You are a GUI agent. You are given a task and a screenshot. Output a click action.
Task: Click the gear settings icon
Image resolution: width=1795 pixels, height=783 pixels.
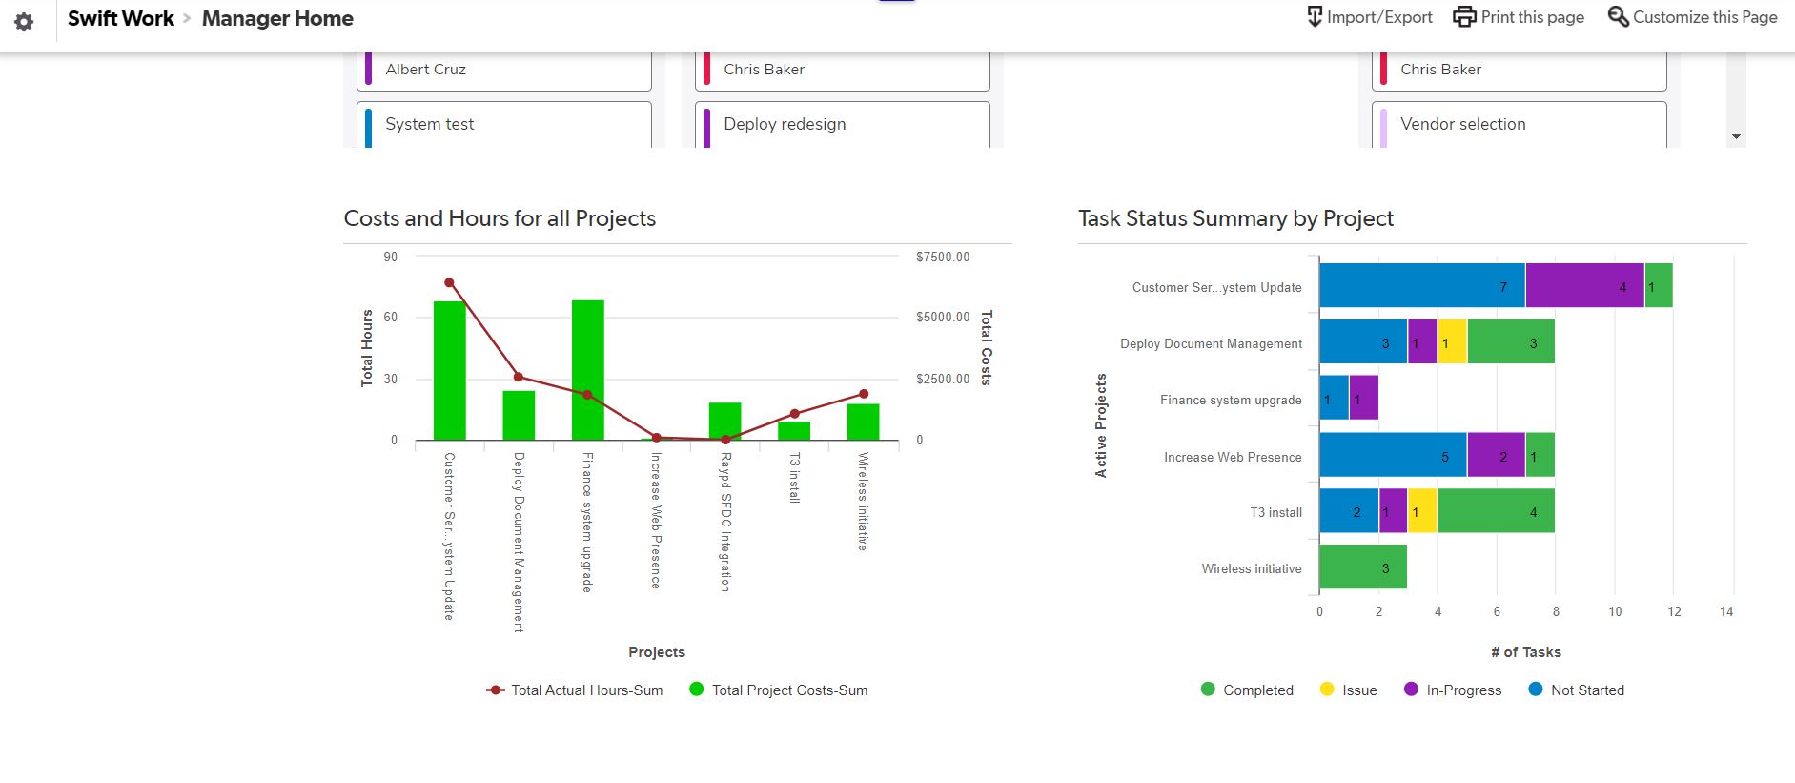24,21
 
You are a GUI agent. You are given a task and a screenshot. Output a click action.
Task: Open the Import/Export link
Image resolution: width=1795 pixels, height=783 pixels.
1369,17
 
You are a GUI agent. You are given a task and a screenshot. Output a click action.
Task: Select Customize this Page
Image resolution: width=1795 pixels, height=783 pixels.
1692,17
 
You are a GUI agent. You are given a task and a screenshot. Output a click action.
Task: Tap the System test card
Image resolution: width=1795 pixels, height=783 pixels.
504,125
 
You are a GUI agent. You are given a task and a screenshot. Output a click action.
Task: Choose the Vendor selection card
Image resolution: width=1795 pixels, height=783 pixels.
1520,125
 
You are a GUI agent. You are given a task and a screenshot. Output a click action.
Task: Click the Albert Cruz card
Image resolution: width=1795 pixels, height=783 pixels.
504,70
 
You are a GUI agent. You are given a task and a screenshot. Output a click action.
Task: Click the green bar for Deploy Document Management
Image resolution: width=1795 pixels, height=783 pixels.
519,416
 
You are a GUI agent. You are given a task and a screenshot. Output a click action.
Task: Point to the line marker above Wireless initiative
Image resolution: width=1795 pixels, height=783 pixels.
864,394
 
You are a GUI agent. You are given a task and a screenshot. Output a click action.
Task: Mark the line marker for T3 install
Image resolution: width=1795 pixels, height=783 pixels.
794,414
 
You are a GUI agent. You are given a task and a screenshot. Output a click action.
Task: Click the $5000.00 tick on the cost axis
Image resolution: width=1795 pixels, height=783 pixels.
942,317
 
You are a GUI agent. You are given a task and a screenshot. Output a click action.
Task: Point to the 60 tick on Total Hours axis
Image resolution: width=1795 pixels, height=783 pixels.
391,317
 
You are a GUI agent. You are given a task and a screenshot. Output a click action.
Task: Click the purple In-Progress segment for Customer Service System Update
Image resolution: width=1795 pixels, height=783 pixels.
1584,285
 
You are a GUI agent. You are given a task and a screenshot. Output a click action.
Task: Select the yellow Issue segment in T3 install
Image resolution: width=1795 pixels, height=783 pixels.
1422,511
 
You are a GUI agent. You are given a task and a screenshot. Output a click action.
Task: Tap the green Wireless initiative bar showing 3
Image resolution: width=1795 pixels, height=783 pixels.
1363,567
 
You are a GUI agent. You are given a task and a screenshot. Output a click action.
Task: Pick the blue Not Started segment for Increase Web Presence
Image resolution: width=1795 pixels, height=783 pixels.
1393,455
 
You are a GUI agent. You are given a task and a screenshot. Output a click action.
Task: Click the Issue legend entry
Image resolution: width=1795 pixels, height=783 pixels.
1349,690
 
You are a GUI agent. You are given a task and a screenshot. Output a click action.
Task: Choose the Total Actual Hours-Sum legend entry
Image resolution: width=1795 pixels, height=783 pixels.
575,690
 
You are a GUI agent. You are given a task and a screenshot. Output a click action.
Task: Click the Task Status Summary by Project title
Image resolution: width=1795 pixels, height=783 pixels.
1235,218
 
